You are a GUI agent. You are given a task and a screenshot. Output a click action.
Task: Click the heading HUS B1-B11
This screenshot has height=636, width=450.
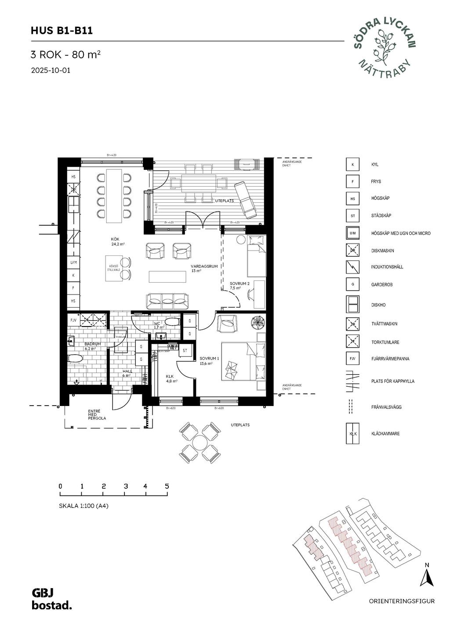coord(62,31)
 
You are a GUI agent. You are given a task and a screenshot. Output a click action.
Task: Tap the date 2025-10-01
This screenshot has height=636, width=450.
coord(51,70)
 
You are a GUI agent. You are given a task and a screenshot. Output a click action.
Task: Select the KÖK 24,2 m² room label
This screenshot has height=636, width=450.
coord(116,241)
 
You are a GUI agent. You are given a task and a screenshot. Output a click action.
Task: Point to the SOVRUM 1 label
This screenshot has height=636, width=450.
coord(209,361)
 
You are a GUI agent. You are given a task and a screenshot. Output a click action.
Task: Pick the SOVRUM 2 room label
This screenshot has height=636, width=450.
coord(240,286)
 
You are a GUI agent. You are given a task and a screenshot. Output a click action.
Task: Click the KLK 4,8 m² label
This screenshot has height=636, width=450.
coord(171,379)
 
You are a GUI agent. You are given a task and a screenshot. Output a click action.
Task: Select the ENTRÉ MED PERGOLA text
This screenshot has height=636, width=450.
coord(97,415)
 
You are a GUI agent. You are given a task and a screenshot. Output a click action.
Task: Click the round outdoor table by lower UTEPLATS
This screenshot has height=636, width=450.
coord(200,442)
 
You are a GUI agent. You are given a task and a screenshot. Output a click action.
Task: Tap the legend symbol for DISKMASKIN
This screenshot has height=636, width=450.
coord(352,251)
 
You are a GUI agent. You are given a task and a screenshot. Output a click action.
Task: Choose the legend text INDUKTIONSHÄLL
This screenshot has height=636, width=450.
coord(387,267)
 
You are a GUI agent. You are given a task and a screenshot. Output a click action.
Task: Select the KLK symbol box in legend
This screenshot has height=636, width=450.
coord(352,434)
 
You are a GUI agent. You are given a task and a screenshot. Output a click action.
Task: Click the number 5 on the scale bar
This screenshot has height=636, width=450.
coord(167,486)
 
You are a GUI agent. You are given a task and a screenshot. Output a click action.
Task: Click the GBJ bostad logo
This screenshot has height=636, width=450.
coord(51,600)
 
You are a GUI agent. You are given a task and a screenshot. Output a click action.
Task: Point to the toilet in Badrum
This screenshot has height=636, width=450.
coord(76,359)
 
